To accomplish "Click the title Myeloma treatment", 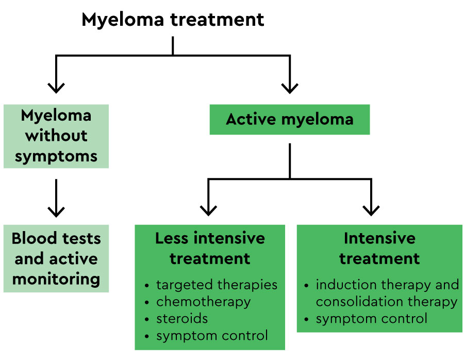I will (173, 20).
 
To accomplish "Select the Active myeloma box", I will (289, 119).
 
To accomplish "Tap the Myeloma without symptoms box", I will (56, 136).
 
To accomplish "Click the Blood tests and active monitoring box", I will (56, 258).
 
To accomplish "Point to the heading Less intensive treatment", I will (210, 248).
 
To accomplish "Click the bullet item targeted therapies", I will (217, 285).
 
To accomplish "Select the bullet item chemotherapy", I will (203, 302).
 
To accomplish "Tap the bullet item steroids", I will (182, 319).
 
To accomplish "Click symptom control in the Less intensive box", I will (212, 336).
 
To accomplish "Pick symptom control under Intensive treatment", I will (371, 318).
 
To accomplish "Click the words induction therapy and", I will (387, 285).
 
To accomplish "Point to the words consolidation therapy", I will (386, 302).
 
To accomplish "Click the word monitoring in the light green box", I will (56, 279).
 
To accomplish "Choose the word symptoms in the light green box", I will (56, 156).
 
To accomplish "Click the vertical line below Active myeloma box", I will (290, 160).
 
